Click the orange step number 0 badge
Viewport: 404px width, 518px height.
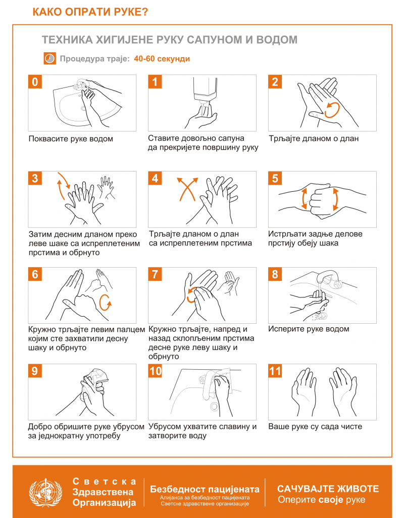pyautogui.click(x=35, y=81)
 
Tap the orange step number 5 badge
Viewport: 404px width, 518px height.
pyautogui.click(x=275, y=178)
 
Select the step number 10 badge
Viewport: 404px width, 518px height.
pyautogui.click(x=155, y=371)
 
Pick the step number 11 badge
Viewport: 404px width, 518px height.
pyautogui.click(x=275, y=371)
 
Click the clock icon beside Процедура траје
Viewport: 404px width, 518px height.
pyautogui.click(x=49, y=59)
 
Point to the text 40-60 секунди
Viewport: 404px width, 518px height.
pyautogui.click(x=162, y=59)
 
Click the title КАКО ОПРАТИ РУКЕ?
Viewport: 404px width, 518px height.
pyautogui.click(x=90, y=12)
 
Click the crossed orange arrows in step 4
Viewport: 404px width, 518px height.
pyautogui.click(x=187, y=189)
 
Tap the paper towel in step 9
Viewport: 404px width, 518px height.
pyautogui.click(x=96, y=376)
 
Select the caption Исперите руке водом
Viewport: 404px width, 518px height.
pyautogui.click(x=309, y=329)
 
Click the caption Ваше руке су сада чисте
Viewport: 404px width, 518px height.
pyautogui.click(x=315, y=426)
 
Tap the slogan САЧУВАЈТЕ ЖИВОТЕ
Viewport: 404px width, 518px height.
pyautogui.click(x=328, y=489)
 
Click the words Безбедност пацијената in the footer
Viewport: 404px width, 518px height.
pyautogui.click(x=205, y=489)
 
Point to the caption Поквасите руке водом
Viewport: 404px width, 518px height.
pyautogui.click(x=71, y=139)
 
